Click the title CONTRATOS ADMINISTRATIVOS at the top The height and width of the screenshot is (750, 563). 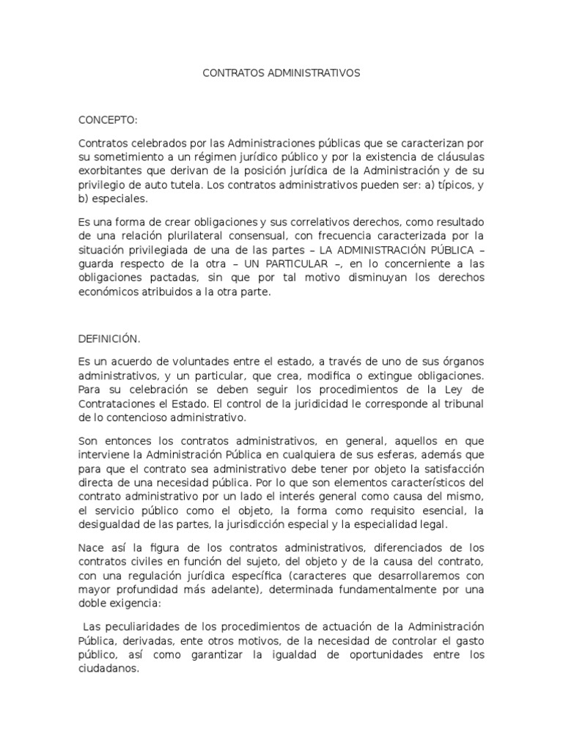[281, 73]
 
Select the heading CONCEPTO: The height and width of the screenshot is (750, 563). [108, 119]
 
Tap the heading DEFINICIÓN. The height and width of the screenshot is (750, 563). [109, 338]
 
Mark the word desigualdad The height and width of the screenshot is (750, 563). [111, 524]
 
